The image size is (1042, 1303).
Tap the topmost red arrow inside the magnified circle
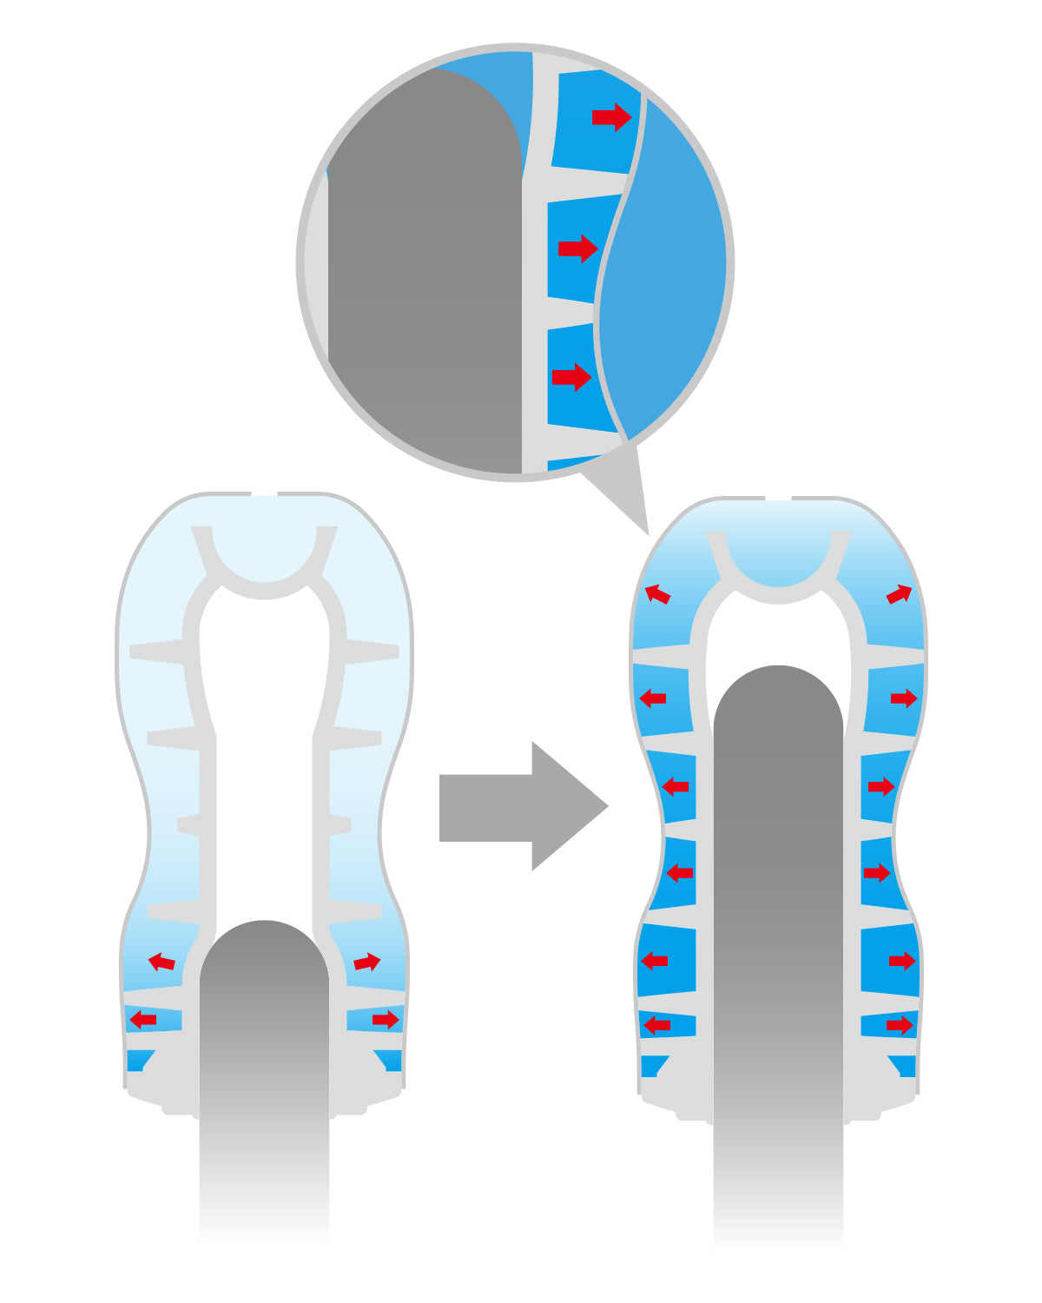pos(611,116)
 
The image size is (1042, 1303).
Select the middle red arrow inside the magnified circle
pos(577,248)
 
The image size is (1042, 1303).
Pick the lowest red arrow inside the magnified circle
pos(571,377)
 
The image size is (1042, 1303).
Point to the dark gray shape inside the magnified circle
pos(425,278)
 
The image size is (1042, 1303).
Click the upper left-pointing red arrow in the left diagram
pos(162,962)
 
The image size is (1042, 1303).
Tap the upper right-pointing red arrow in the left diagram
pos(367,962)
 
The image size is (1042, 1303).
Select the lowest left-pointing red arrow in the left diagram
pos(142,1019)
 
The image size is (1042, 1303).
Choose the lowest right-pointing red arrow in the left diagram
pos(386,1019)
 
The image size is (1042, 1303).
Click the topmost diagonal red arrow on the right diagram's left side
pos(657,594)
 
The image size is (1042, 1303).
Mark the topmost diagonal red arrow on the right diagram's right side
pos(900,594)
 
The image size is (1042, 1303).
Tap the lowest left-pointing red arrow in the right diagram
pos(656,1025)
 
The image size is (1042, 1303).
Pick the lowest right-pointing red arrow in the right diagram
pos(900,1025)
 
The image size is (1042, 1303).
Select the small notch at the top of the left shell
pos(264,494)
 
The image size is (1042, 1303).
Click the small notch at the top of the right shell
pos(778,499)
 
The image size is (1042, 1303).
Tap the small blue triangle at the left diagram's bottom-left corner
pos(138,1060)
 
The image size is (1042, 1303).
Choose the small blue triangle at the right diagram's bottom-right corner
pos(904,1065)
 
